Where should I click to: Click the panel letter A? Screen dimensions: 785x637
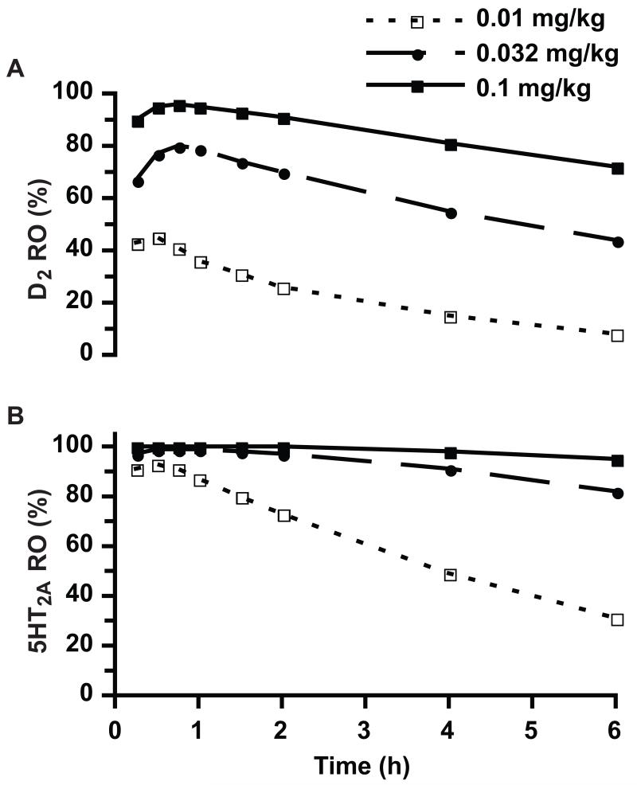click(14, 71)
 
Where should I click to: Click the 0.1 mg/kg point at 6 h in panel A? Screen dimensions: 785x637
click(617, 168)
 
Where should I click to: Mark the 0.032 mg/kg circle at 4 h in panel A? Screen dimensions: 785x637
click(451, 213)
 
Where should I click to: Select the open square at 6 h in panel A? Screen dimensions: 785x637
click(617, 335)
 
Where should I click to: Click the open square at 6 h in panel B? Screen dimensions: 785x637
click(617, 619)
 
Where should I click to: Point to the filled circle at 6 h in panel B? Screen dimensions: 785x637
click(617, 493)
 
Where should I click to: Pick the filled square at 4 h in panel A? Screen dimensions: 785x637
click(451, 144)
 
